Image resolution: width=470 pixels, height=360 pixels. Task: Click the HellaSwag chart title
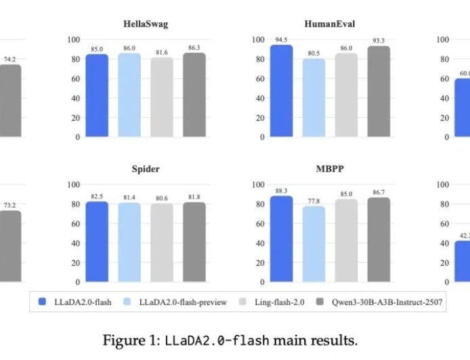[146, 24]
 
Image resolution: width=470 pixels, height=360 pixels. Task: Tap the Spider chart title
[146, 168]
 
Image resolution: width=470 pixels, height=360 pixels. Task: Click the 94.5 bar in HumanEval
[281, 91]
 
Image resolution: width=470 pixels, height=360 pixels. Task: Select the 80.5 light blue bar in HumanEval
[314, 98]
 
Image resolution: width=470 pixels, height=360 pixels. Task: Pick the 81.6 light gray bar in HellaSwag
[162, 97]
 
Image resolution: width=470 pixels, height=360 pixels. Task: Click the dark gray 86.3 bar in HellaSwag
[194, 95]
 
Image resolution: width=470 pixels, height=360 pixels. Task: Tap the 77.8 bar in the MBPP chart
[314, 244]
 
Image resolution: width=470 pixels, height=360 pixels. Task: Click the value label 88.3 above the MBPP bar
[281, 190]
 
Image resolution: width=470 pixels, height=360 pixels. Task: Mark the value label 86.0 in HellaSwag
[129, 49]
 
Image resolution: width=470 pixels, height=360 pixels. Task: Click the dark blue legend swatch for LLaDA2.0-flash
[43, 302]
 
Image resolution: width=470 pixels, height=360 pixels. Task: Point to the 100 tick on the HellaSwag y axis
[72, 39]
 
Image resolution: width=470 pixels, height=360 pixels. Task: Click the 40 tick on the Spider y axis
[74, 243]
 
